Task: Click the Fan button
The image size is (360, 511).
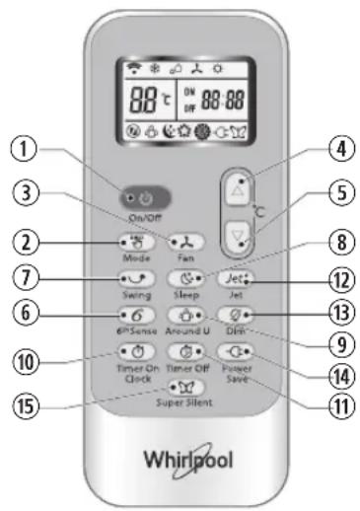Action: click(183, 241)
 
